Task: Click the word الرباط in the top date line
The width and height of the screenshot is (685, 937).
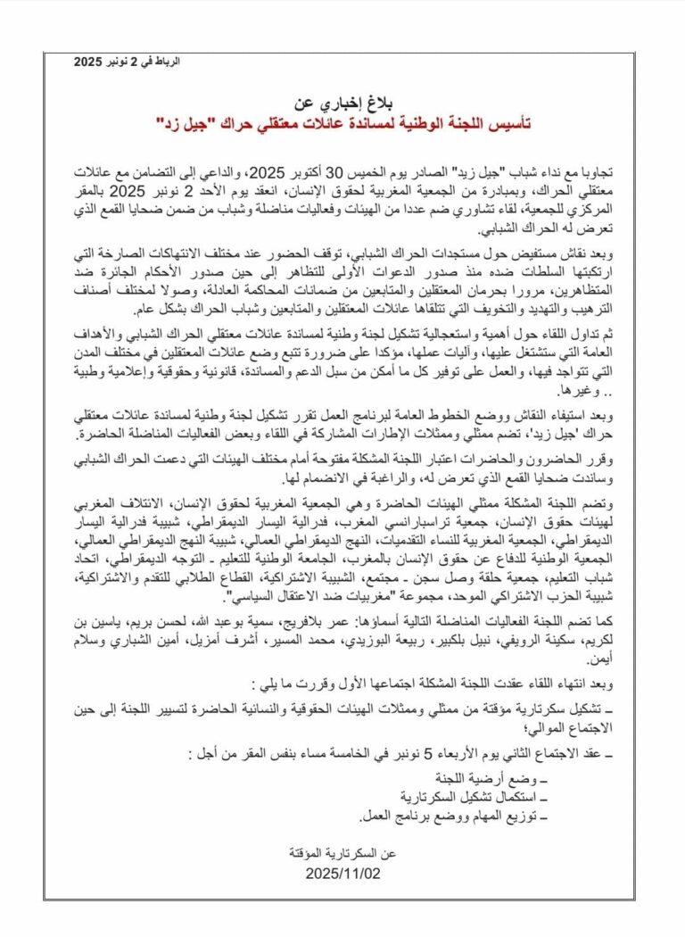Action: (x=169, y=62)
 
